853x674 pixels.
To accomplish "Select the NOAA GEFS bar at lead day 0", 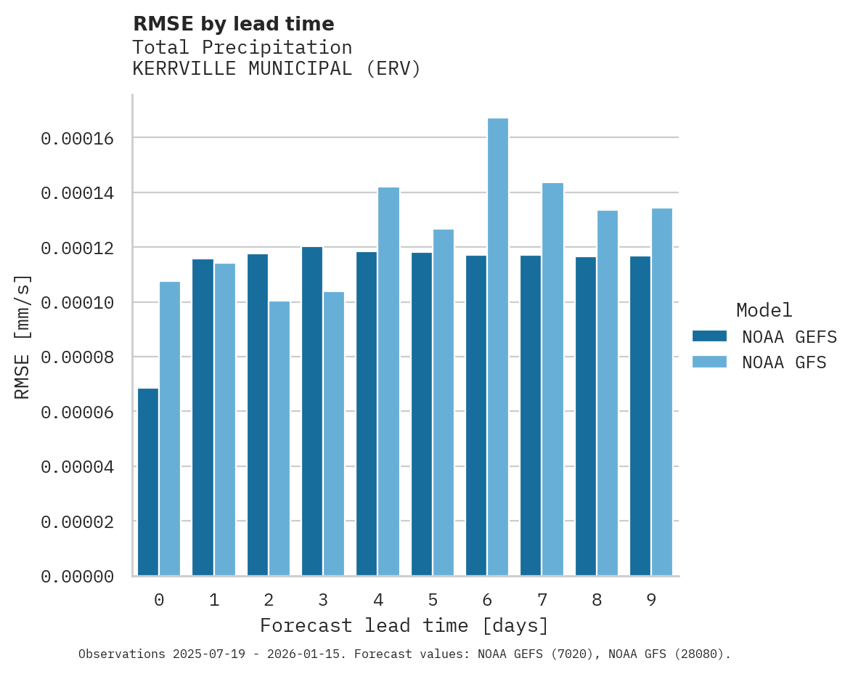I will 148,482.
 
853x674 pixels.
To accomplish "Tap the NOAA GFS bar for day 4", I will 388,381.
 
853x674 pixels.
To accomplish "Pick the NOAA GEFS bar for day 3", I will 312,411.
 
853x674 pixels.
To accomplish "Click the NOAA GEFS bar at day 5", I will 422,414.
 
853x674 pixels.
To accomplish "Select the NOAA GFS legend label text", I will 784,362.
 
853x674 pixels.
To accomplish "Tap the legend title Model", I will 764,310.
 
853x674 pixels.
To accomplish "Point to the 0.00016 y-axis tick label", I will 78,138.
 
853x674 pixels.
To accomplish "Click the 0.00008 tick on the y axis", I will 78,357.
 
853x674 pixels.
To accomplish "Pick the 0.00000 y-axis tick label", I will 78,577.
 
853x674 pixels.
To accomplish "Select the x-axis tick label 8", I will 597,600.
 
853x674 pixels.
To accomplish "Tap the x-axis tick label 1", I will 214,600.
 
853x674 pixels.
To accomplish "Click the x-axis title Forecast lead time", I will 404,625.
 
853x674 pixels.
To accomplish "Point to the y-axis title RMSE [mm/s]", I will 23,336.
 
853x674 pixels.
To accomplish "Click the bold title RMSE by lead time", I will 233,24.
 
